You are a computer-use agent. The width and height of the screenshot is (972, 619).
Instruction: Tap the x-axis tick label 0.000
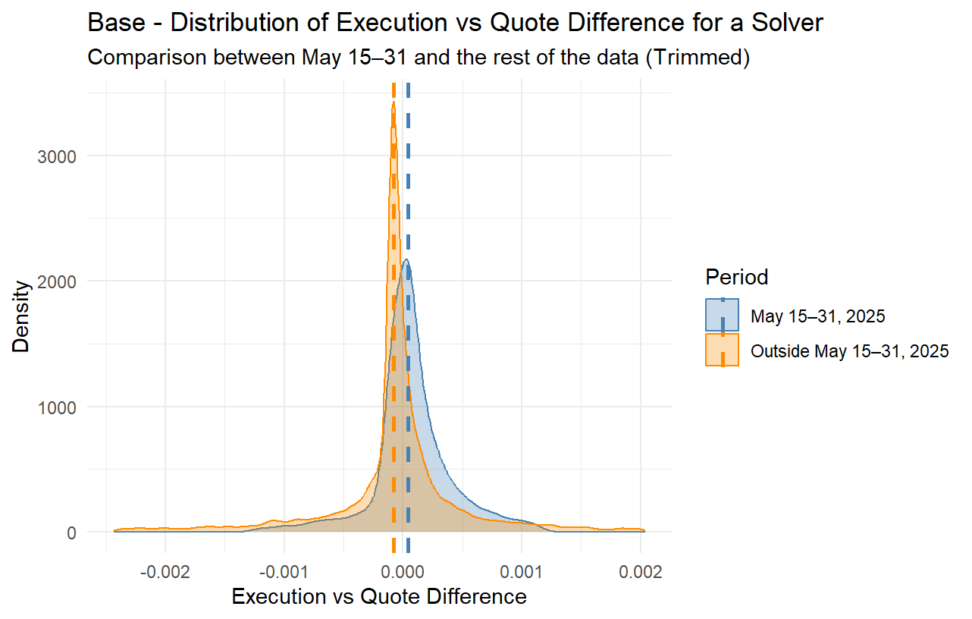click(x=403, y=570)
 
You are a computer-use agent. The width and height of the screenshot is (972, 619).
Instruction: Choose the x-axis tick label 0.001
click(x=522, y=570)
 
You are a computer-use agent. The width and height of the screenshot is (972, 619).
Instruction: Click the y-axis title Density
click(x=23, y=316)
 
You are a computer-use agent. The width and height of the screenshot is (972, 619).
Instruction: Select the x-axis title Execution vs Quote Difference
click(x=379, y=596)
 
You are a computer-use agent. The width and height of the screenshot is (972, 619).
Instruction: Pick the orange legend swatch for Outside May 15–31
click(x=723, y=350)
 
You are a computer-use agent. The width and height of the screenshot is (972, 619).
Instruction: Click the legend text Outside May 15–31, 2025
click(x=850, y=351)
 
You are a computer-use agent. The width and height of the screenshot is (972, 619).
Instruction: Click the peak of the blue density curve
click(x=406, y=260)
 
